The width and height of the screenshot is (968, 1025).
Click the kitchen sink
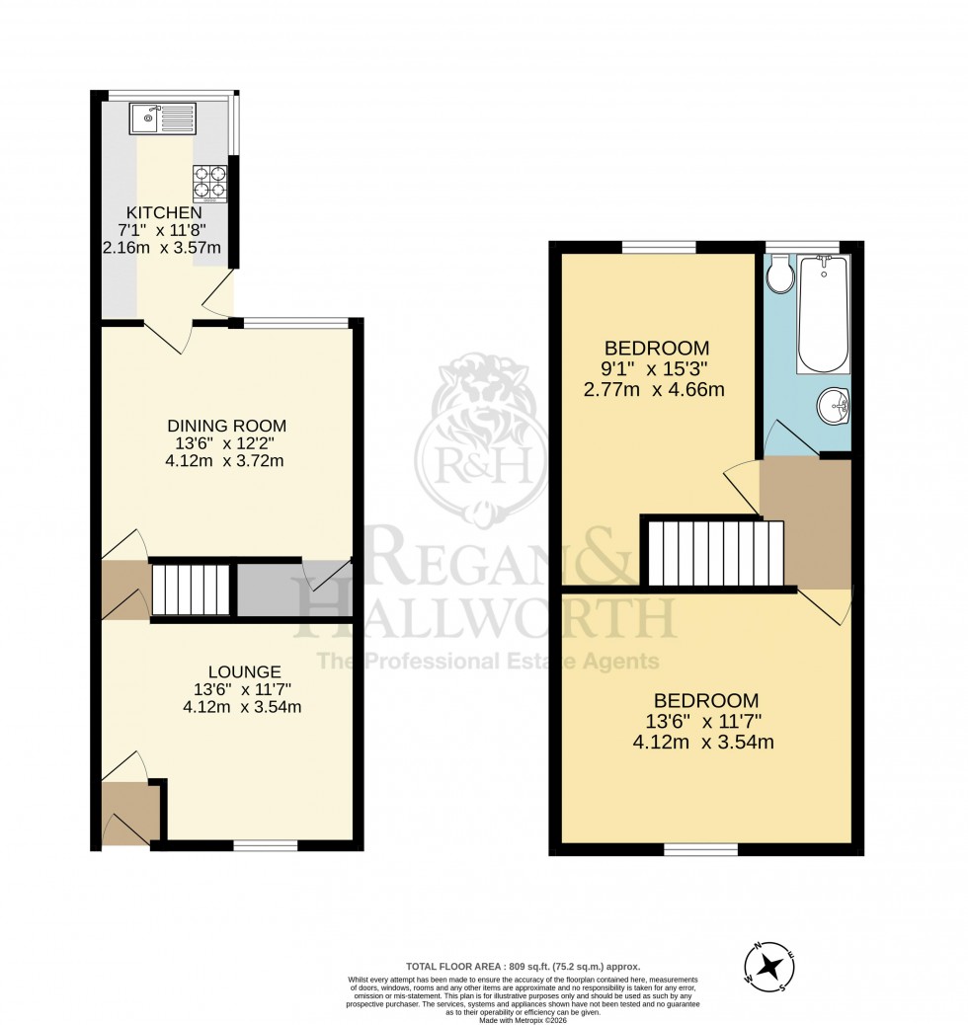pyautogui.click(x=162, y=118)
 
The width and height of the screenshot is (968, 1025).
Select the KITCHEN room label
pyautogui.click(x=164, y=212)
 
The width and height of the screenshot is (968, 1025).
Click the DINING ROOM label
pyautogui.click(x=226, y=426)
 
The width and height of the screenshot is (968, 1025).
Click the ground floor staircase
pyautogui.click(x=191, y=591)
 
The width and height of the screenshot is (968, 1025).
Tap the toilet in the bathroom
pyautogui.click(x=779, y=274)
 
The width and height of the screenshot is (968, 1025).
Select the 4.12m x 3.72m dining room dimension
pyautogui.click(x=226, y=461)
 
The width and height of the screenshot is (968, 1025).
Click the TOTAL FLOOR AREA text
pyautogui.click(x=523, y=967)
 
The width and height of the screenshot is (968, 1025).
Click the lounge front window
pyautogui.click(x=266, y=844)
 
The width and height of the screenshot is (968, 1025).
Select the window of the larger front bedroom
pyautogui.click(x=701, y=848)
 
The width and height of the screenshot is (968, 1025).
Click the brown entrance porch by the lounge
pyautogui.click(x=126, y=813)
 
